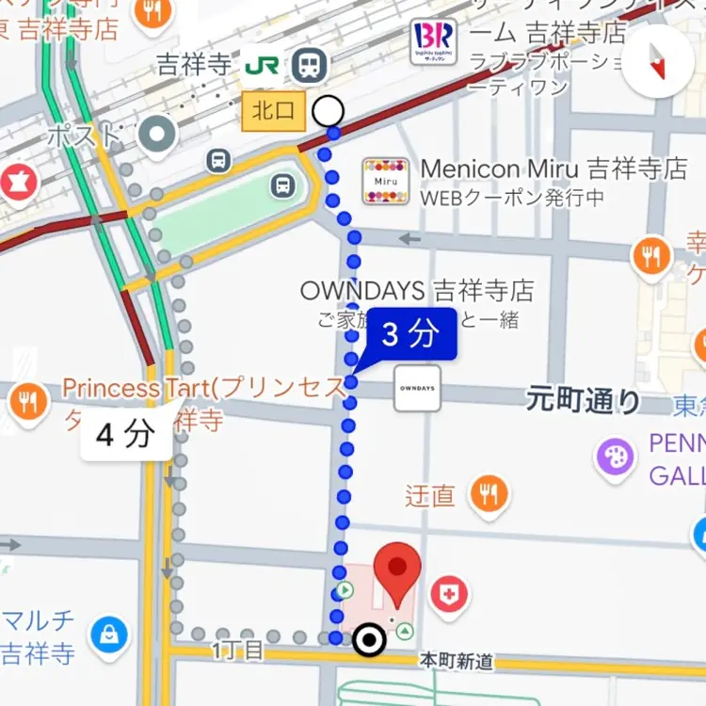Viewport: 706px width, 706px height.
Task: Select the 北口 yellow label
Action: click(274, 112)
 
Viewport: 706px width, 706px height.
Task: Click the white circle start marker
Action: click(328, 112)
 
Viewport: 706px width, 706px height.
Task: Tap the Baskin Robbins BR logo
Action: click(433, 41)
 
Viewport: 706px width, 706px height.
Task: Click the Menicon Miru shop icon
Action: click(386, 182)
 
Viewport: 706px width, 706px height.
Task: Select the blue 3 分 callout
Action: click(410, 334)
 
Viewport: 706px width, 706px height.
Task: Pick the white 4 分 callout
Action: click(126, 434)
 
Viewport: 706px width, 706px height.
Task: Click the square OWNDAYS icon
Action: click(417, 388)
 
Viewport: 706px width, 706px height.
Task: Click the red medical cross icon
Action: click(449, 594)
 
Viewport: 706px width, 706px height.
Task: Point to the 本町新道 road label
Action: click(456, 663)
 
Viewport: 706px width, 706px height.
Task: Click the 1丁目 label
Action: click(238, 650)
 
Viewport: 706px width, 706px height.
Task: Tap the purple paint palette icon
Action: click(616, 457)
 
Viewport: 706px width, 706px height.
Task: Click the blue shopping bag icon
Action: click(110, 636)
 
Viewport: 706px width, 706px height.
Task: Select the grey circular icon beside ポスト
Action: click(158, 134)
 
